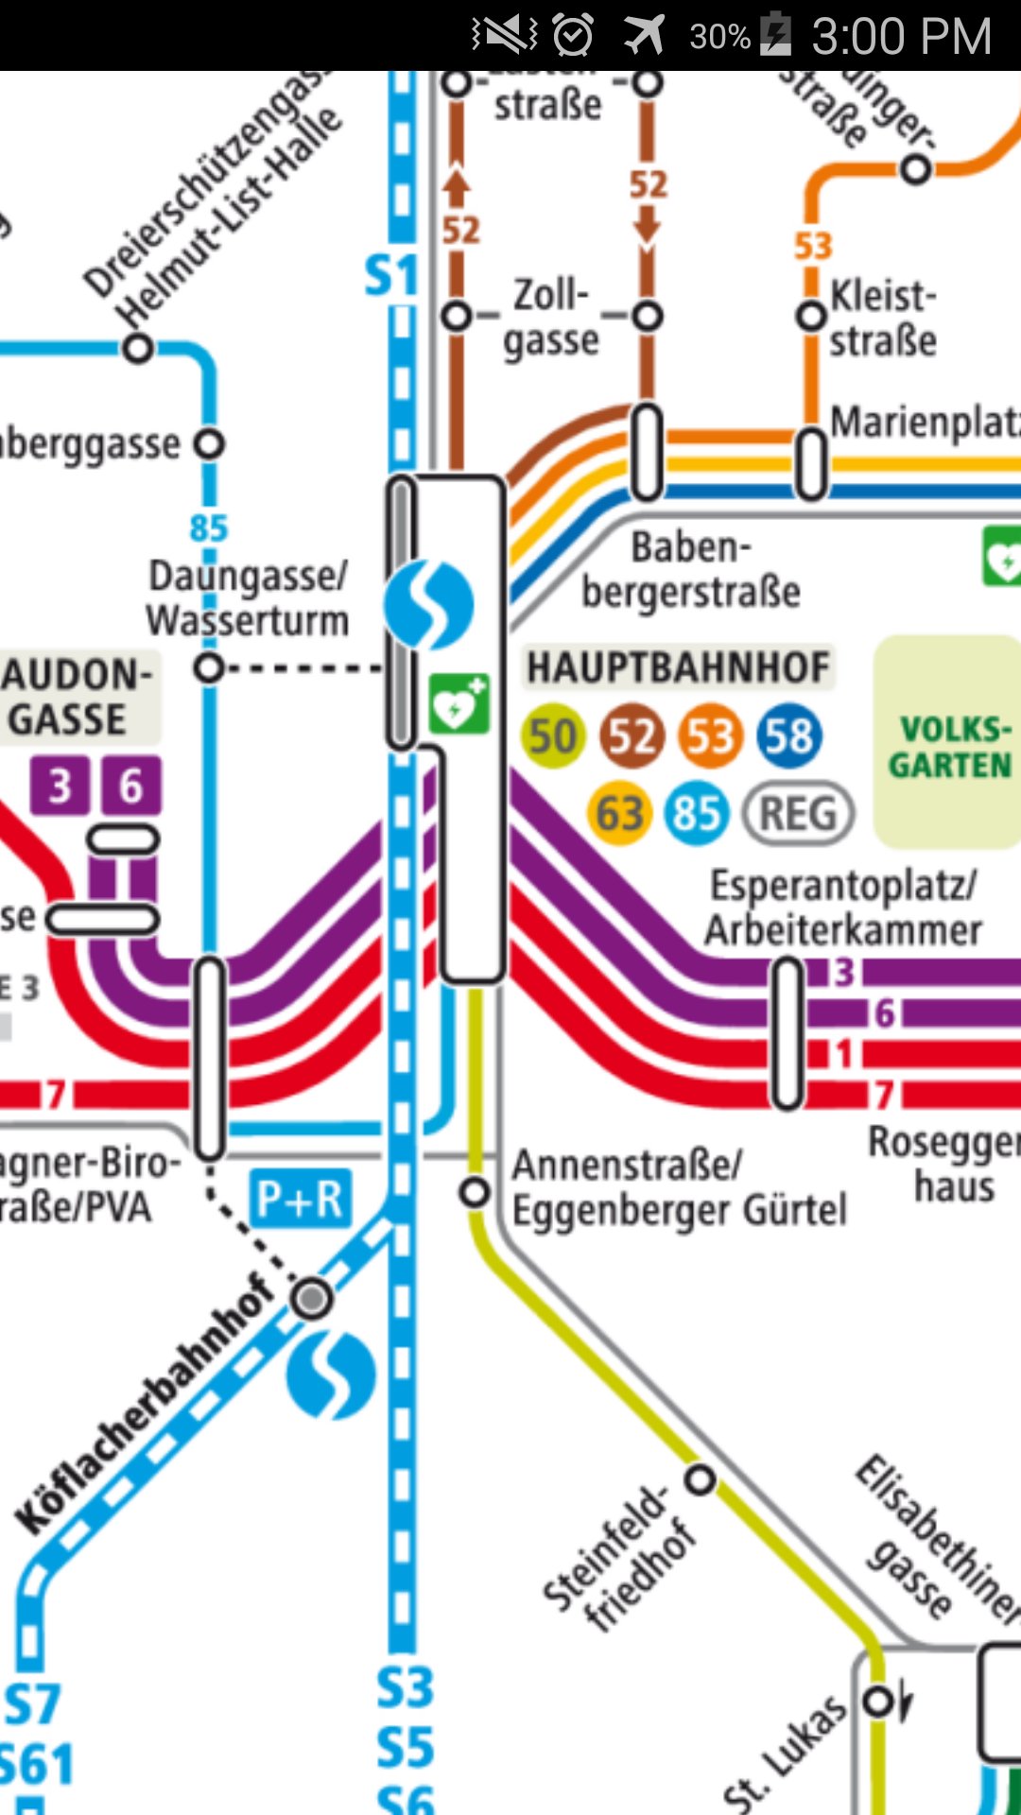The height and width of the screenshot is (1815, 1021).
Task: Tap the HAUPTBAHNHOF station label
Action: click(678, 667)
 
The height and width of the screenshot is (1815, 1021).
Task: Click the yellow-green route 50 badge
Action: click(552, 736)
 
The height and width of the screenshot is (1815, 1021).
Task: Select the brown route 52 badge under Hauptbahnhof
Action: click(632, 736)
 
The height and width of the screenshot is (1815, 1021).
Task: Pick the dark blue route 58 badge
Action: click(789, 736)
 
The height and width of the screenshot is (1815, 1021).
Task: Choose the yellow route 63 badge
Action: click(619, 813)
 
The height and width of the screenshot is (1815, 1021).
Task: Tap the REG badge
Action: click(799, 813)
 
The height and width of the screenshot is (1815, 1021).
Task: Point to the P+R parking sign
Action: click(300, 1199)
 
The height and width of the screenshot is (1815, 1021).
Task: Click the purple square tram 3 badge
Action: click(60, 786)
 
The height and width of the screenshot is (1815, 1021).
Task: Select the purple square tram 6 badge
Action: click(130, 786)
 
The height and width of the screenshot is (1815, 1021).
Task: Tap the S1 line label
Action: click(391, 277)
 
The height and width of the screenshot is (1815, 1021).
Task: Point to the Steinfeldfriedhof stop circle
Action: click(701, 1479)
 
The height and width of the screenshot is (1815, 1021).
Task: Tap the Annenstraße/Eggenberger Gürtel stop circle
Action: click(475, 1192)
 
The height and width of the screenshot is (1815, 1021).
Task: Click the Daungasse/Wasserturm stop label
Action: click(248, 598)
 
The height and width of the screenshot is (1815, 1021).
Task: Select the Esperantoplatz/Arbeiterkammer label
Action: click(843, 907)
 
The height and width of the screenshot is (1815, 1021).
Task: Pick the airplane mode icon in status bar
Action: click(644, 35)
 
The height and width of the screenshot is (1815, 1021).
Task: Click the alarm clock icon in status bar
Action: click(573, 35)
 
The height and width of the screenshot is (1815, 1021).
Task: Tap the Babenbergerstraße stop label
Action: click(691, 570)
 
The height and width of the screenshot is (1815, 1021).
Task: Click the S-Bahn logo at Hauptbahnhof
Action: click(428, 604)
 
